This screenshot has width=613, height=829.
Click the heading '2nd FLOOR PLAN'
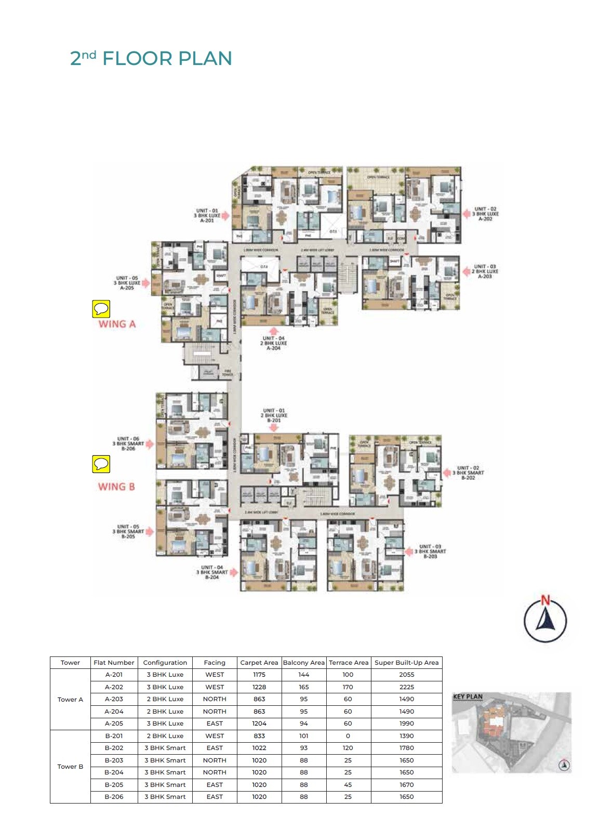[151, 58]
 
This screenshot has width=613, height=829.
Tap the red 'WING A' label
[117, 324]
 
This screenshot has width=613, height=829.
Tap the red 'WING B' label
[116, 487]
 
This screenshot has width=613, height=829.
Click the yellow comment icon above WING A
[101, 309]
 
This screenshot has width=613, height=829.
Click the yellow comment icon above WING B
[101, 464]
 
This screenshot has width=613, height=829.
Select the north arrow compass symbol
[545, 620]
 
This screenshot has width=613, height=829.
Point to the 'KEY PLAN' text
[468, 696]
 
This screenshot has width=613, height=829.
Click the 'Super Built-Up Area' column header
[406, 663]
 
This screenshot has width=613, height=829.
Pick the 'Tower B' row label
[70, 767]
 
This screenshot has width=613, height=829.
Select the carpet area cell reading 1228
[259, 687]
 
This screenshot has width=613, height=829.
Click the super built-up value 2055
[406, 675]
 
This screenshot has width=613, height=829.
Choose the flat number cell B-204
[114, 772]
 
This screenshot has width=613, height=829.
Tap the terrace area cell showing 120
[348, 748]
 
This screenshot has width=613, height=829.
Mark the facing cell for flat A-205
[215, 723]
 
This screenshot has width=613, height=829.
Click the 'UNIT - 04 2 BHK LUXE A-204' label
[274, 344]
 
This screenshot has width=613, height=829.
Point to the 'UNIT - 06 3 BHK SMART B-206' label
[128, 444]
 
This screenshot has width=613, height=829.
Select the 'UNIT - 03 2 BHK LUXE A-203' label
[485, 271]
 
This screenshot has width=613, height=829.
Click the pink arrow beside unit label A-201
[226, 216]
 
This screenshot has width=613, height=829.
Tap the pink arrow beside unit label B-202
[447, 473]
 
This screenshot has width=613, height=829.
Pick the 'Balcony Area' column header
[303, 663]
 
